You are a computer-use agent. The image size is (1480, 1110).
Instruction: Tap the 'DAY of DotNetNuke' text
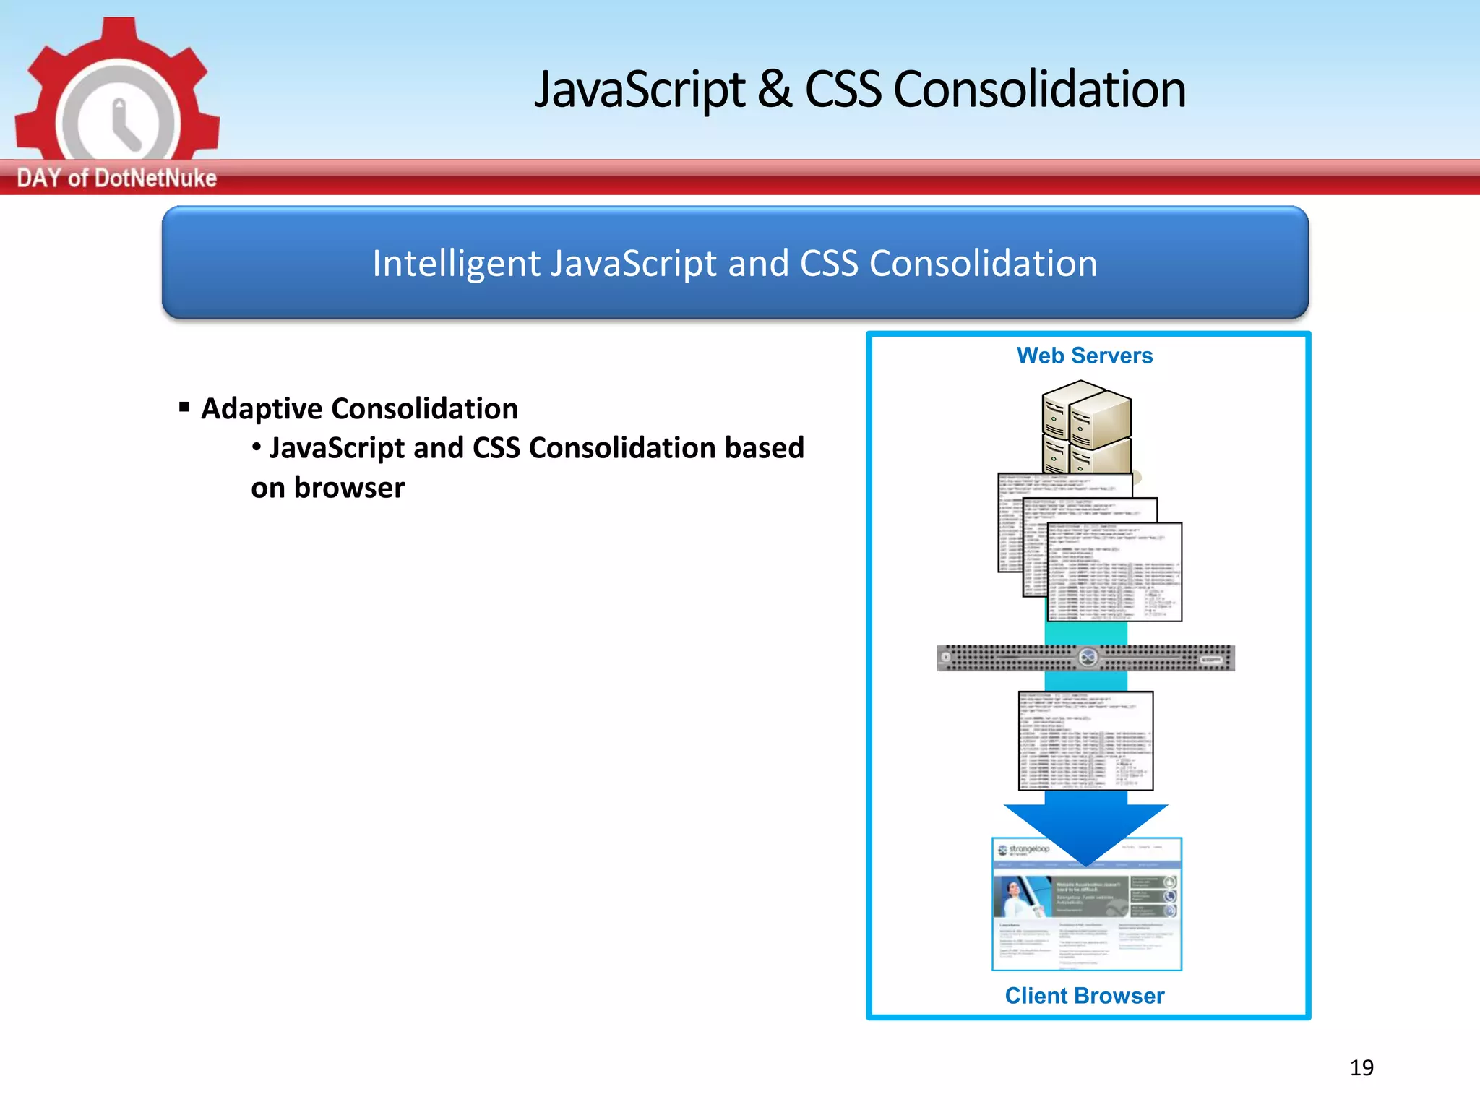pyautogui.click(x=116, y=178)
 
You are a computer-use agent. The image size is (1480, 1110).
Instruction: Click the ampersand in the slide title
pyautogui.click(x=775, y=90)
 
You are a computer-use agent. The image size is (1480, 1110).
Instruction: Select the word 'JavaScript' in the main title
pyautogui.click(x=639, y=90)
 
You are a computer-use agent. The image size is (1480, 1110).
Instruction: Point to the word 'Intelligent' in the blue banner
pyautogui.click(x=456, y=264)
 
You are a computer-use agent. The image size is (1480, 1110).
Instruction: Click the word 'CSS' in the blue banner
pyautogui.click(x=830, y=264)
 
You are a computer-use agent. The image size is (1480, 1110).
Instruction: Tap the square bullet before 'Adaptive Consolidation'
pyautogui.click(x=185, y=407)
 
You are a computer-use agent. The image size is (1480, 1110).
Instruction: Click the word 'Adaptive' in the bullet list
pyautogui.click(x=261, y=409)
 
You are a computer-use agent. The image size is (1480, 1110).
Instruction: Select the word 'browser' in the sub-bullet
pyautogui.click(x=349, y=488)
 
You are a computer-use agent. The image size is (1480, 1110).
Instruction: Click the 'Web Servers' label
pyautogui.click(x=1084, y=356)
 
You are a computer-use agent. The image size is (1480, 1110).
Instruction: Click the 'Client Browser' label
pyautogui.click(x=1084, y=996)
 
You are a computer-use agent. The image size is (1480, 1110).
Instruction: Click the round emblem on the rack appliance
pyautogui.click(x=1088, y=658)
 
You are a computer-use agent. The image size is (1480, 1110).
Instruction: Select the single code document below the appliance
pyautogui.click(x=1085, y=741)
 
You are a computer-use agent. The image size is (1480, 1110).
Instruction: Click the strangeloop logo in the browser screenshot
pyautogui.click(x=1024, y=850)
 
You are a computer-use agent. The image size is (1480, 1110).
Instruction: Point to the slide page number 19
pyautogui.click(x=1361, y=1067)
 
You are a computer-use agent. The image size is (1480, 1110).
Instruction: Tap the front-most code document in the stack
pyautogui.click(x=1114, y=572)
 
